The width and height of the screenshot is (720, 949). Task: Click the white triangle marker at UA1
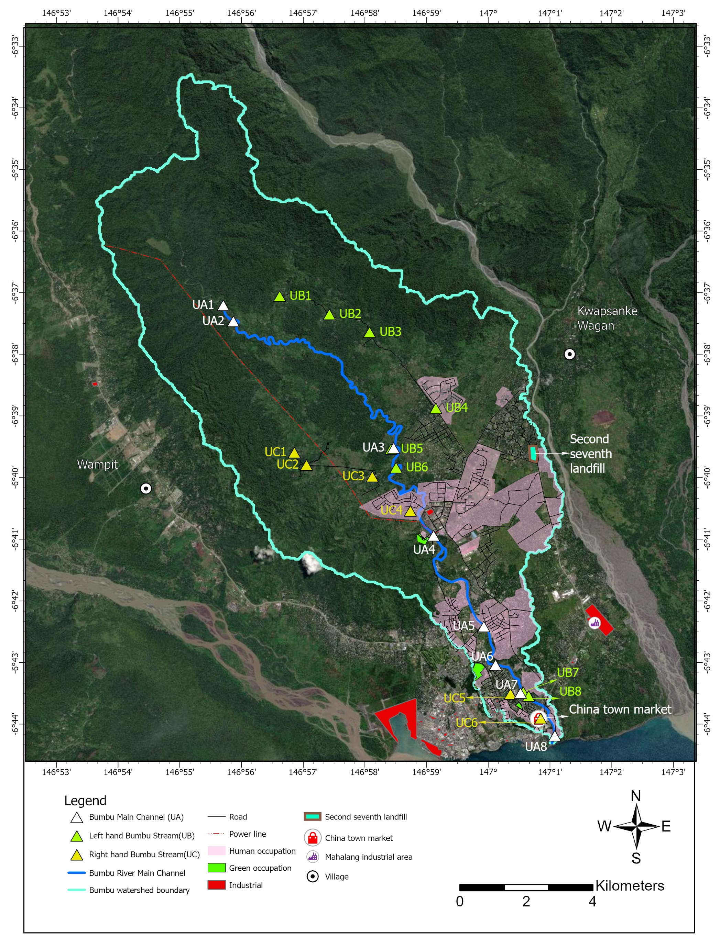click(223, 306)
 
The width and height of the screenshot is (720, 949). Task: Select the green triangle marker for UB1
click(280, 297)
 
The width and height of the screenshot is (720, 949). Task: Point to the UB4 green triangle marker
click(436, 409)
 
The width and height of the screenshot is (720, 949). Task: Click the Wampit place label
click(97, 464)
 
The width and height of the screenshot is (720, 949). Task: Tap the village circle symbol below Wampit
click(146, 489)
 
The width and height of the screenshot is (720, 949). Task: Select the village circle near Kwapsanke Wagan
click(569, 354)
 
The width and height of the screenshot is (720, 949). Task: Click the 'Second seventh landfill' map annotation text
click(590, 454)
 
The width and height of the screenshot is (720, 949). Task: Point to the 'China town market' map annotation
click(620, 709)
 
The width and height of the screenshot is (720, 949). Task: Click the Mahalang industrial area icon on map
click(594, 623)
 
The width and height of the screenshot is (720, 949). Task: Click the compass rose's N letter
click(635, 796)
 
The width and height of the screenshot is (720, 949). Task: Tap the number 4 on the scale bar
click(592, 902)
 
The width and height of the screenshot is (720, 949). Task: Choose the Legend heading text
click(85, 801)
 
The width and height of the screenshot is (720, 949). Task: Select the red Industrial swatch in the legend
click(216, 885)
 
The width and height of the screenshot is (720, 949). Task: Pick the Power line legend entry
click(247, 834)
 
